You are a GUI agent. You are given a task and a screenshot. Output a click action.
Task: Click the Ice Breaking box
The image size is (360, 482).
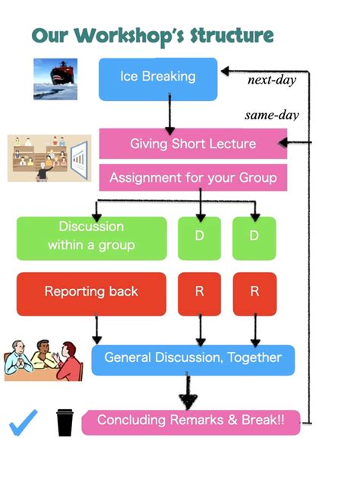[158, 79]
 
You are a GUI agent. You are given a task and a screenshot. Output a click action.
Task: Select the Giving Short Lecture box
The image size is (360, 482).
[193, 144]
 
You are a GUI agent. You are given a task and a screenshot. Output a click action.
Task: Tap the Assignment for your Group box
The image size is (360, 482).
[193, 177]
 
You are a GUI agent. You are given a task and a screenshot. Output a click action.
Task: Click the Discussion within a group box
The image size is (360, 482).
[92, 238]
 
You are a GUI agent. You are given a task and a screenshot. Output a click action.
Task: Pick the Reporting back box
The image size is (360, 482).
[91, 294]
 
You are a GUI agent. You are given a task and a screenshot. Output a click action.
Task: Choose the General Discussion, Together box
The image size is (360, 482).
[193, 360]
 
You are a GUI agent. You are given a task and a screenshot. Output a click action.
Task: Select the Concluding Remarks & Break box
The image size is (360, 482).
[191, 423]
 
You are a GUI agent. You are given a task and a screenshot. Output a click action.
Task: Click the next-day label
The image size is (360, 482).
[272, 80]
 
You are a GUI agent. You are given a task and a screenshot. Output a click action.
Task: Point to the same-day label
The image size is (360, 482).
[272, 116]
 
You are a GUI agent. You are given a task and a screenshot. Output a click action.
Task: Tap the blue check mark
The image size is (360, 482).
[22, 423]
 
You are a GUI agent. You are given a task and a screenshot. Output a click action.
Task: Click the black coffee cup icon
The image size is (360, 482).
[65, 423]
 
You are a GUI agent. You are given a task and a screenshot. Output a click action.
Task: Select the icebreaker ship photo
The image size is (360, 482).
[55, 79]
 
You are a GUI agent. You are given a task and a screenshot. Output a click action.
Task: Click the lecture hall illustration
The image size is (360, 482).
[49, 158]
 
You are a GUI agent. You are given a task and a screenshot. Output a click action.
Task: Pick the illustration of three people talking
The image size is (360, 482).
[43, 360]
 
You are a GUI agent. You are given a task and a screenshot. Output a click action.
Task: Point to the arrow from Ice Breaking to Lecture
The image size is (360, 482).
[169, 114]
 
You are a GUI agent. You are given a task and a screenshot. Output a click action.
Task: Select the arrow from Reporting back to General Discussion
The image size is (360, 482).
[96, 328]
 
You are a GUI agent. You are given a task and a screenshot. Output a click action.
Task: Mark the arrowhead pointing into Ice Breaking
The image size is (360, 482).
[225, 71]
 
